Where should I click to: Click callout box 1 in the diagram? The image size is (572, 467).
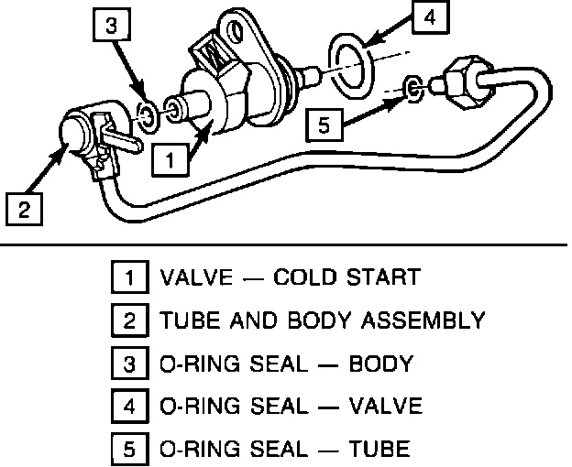(170, 159)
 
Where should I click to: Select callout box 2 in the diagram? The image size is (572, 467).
(23, 208)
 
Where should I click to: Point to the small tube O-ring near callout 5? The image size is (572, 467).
(414, 88)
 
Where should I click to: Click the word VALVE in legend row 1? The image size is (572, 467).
(188, 277)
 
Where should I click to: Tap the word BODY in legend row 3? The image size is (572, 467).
(380, 364)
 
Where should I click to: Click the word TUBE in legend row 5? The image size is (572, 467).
(379, 450)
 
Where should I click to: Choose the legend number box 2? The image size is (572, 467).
(129, 320)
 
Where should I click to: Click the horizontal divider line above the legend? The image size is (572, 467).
(284, 245)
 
